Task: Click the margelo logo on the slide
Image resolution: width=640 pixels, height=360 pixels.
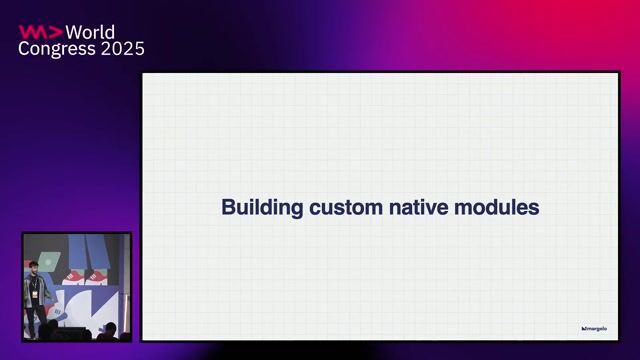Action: click(594, 328)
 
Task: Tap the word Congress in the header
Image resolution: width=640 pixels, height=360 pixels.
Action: click(56, 49)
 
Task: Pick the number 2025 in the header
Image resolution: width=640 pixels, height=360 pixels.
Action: click(122, 49)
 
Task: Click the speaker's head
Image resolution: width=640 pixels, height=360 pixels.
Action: click(33, 266)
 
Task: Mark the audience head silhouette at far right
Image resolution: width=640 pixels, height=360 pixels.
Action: click(109, 329)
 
